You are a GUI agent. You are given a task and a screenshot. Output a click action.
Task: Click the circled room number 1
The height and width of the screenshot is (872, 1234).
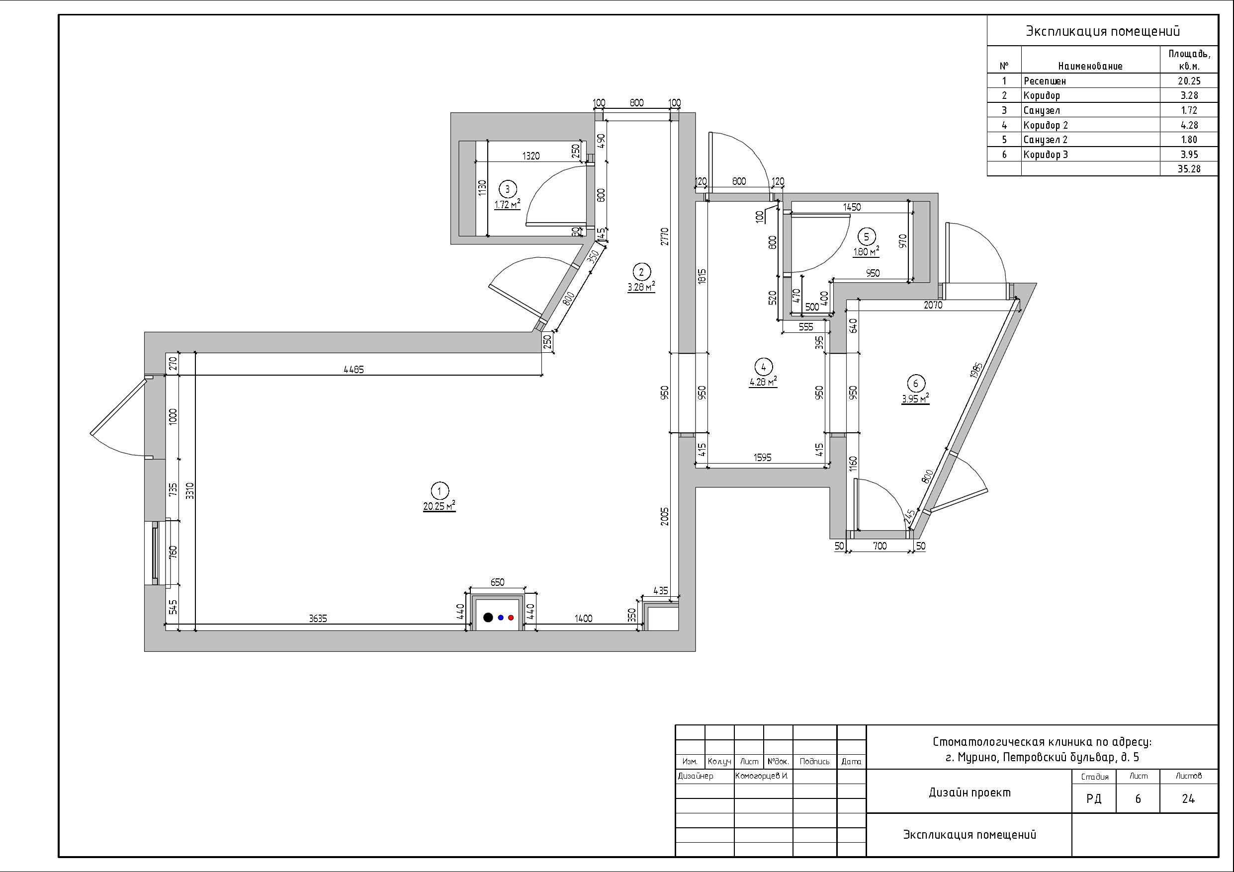(440, 490)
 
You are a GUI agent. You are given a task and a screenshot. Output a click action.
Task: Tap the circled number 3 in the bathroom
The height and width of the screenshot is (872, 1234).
(507, 189)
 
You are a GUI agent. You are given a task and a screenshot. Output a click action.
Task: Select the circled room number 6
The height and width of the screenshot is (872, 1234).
(916, 384)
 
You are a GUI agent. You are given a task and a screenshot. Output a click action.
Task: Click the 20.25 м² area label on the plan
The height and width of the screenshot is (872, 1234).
(440, 506)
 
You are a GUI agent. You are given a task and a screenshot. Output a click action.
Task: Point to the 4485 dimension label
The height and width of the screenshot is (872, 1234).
(353, 370)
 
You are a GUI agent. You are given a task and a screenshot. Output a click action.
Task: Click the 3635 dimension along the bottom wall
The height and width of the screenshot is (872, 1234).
(318, 619)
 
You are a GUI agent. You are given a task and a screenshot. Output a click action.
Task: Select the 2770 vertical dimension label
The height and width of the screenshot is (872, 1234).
(664, 237)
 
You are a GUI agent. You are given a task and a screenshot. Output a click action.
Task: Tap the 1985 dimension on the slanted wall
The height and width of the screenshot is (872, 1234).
(976, 371)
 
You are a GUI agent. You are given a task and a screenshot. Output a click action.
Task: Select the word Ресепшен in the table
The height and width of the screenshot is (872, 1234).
(1045, 81)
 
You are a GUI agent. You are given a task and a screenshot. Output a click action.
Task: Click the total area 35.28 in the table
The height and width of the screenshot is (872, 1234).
(1189, 169)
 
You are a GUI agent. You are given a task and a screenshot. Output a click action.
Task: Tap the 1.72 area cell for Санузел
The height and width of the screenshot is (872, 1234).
(1189, 110)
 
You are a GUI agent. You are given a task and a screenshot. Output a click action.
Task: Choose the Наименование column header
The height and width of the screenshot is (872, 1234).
(1090, 67)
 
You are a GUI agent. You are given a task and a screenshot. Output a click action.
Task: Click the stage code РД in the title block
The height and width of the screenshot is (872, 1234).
(1094, 799)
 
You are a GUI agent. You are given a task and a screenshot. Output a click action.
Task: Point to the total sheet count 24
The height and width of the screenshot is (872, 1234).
(1188, 799)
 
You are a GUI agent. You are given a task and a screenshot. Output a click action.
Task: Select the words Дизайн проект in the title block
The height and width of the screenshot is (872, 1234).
(970, 793)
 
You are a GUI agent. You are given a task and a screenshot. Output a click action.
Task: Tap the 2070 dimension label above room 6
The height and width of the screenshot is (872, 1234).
(933, 305)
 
